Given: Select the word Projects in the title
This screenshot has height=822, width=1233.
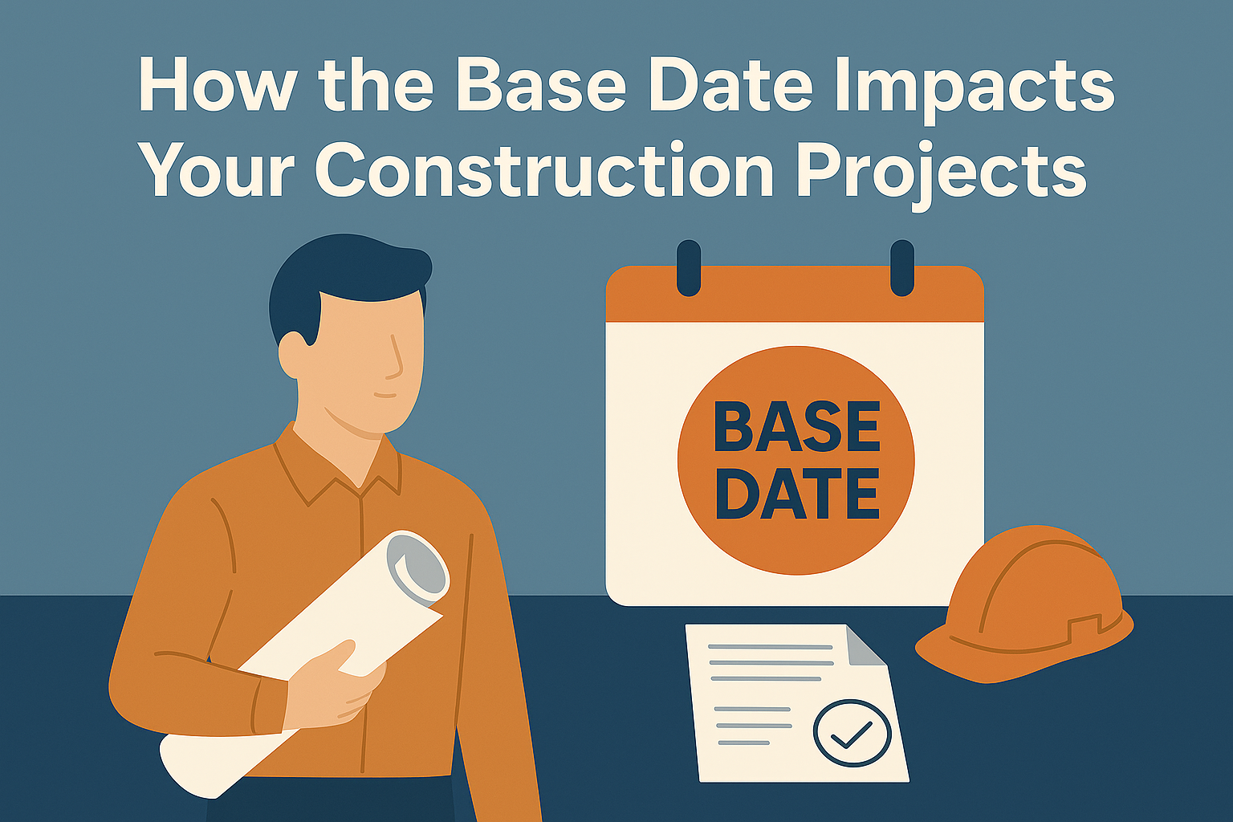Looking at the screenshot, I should (942, 172).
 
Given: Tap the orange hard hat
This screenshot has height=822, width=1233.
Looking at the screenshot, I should (1024, 606).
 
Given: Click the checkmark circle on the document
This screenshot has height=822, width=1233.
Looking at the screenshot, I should (852, 732).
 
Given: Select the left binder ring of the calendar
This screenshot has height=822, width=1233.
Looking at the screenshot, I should (689, 268).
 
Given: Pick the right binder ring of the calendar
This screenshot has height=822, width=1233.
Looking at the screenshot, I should (902, 268).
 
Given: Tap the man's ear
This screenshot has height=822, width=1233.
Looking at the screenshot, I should (292, 353).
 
